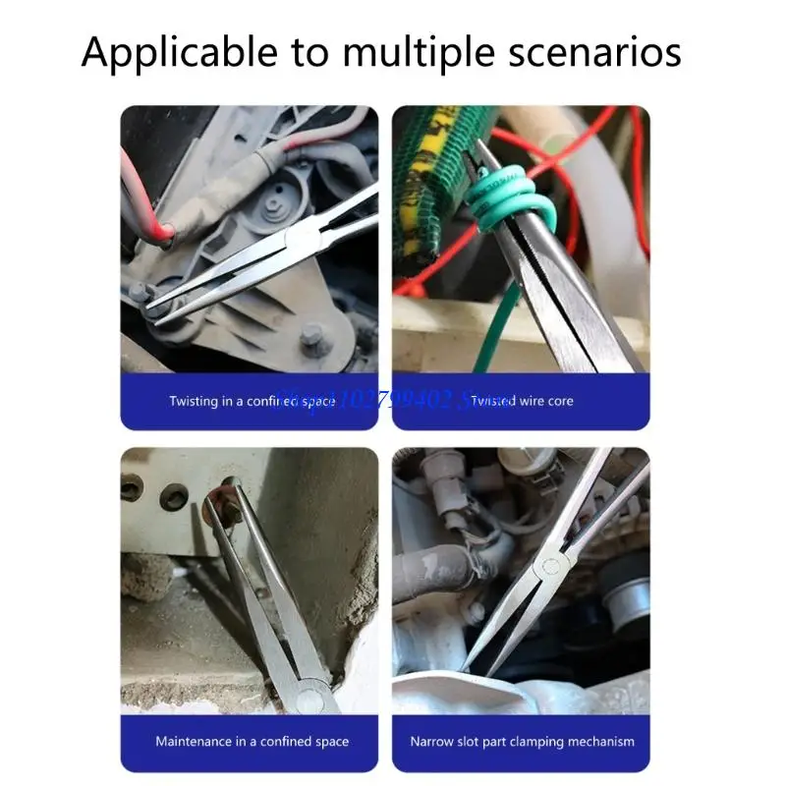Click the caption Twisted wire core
[521, 401]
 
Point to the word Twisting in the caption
[194, 401]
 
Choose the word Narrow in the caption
[431, 741]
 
